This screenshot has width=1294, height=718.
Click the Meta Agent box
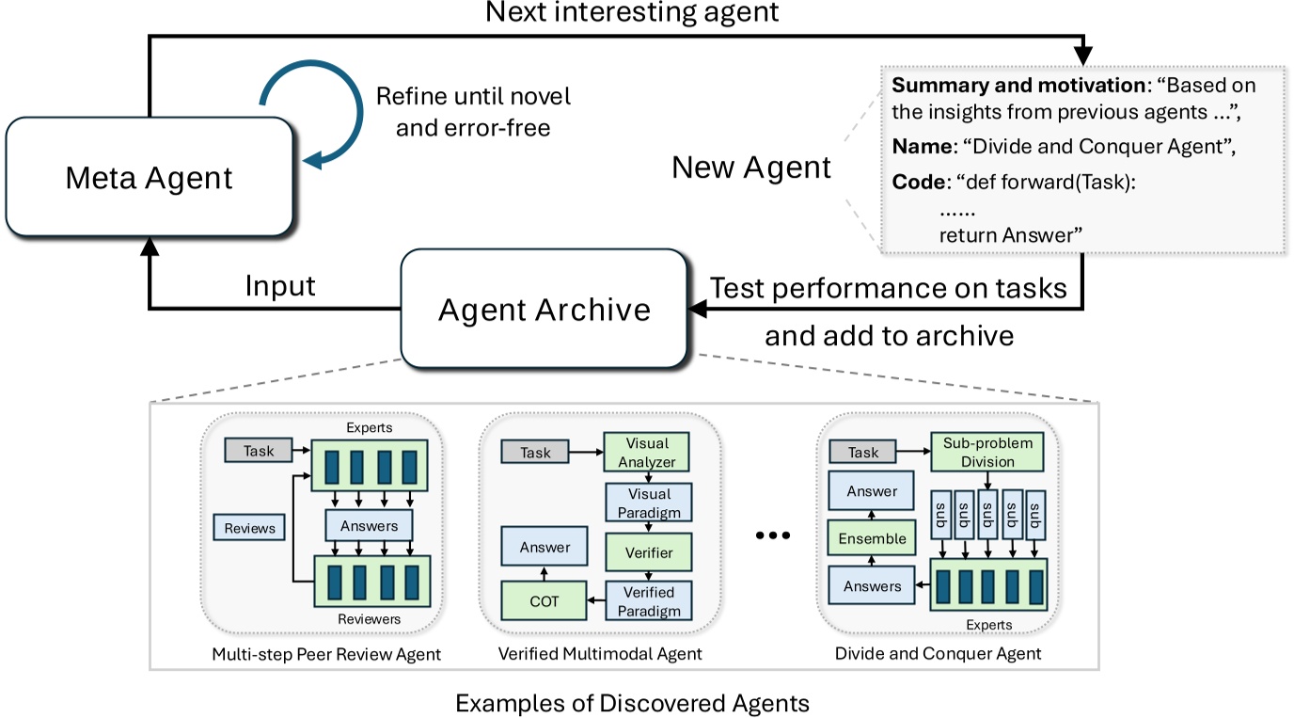tap(149, 177)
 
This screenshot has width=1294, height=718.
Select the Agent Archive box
tap(544, 309)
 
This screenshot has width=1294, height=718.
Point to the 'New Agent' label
tap(751, 168)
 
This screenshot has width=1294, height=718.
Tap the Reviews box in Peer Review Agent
tap(249, 528)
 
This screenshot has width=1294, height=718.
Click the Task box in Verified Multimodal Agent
tap(535, 453)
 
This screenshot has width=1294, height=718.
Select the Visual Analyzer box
tap(646, 452)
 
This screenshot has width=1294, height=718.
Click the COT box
tap(544, 601)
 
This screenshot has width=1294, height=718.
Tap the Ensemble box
tap(872, 538)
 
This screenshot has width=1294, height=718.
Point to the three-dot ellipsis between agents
tap(773, 535)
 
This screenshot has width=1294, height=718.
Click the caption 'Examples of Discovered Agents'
tap(631, 702)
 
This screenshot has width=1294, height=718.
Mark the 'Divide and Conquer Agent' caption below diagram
tap(938, 653)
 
